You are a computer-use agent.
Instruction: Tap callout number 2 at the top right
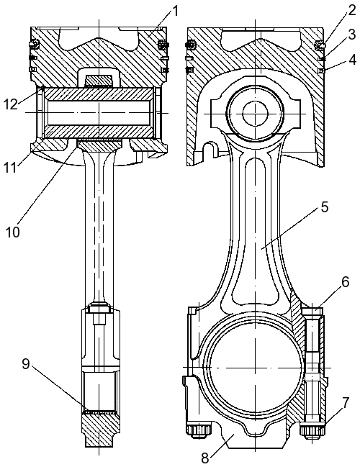pyautogui.click(x=351, y=11)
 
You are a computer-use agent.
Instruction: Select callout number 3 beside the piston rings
pyautogui.click(x=352, y=35)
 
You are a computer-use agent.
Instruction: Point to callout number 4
pyautogui.click(x=352, y=60)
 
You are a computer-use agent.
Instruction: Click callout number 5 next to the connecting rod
pyautogui.click(x=324, y=207)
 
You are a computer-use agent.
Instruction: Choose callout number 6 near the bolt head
pyautogui.click(x=345, y=282)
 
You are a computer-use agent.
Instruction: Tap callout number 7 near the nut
pyautogui.click(x=344, y=403)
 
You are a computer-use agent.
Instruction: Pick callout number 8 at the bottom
pyautogui.click(x=205, y=458)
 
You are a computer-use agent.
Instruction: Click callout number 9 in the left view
pyautogui.click(x=26, y=364)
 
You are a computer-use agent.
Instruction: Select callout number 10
pyautogui.click(x=12, y=232)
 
